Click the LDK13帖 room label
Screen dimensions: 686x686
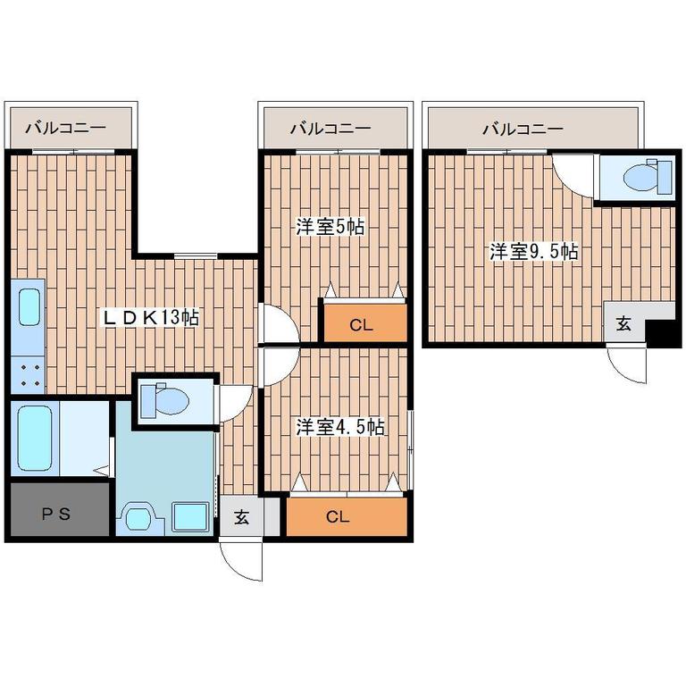pos(150,317)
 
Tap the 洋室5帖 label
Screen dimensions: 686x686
pos(330,227)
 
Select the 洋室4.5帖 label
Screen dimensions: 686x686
pos(340,427)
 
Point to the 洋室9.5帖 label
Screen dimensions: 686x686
pos(534,251)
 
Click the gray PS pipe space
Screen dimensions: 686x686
pos(60,509)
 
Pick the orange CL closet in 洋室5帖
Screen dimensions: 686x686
pos(365,322)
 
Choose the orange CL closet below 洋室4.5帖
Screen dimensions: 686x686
pos(347,516)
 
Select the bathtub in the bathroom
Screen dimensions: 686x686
pos(35,438)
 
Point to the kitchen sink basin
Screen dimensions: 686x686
pos(29,306)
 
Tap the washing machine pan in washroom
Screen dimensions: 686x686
pos(190,517)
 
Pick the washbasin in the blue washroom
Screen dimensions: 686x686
pos(140,519)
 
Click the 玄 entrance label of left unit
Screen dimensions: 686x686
pos(241,517)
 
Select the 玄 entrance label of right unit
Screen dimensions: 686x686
pos(623,323)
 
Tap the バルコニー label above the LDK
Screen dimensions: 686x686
pos(65,129)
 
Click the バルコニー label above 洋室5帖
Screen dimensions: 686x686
pos(331,129)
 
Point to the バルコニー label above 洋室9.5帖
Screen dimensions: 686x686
pos(523,129)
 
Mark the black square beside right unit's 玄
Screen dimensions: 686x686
pos(663,332)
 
